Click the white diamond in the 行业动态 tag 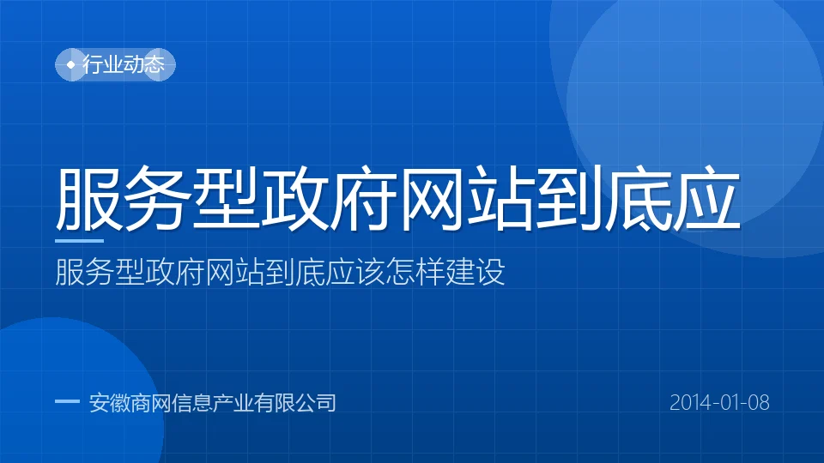(x=71, y=64)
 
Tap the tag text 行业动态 (x=124, y=64)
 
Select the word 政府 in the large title (x=330, y=198)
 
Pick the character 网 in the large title (x=432, y=198)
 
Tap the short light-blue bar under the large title (x=79, y=241)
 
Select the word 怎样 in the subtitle (x=415, y=272)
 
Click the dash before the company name (x=67, y=401)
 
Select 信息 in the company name (x=191, y=403)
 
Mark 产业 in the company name (x=233, y=403)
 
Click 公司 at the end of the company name (x=315, y=403)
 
